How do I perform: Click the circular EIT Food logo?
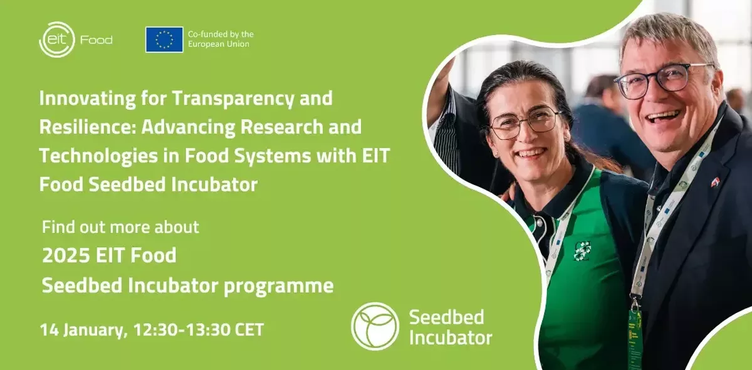(x=57, y=40)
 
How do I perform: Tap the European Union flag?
(x=164, y=40)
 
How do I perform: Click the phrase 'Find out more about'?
(x=120, y=227)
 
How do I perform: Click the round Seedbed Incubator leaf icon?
(x=375, y=325)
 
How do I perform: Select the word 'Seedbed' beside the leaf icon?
(x=446, y=317)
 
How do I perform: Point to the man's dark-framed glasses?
(x=664, y=79)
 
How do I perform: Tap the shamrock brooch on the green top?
(x=582, y=250)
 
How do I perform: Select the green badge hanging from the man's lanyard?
(x=634, y=339)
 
